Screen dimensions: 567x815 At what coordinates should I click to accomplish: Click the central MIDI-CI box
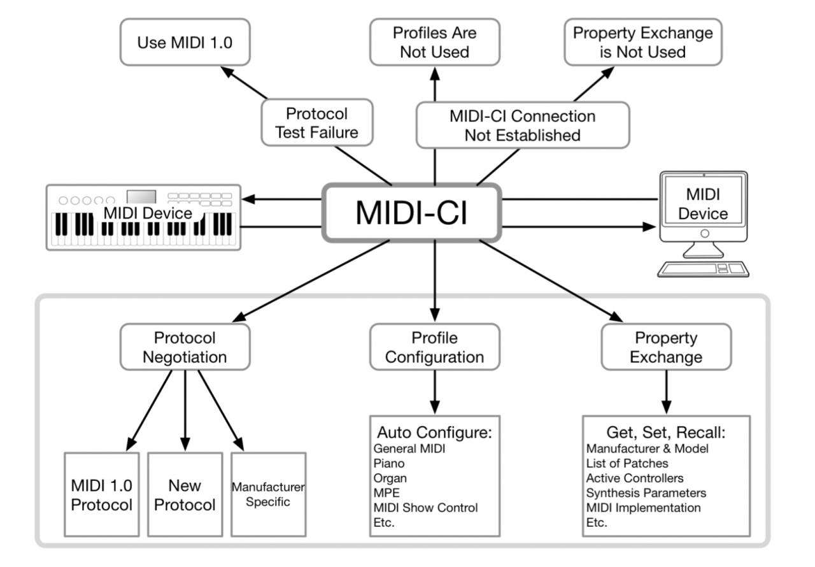411,213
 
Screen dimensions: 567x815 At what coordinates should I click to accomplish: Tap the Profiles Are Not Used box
435,42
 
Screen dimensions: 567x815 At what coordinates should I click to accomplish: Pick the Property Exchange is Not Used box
643,42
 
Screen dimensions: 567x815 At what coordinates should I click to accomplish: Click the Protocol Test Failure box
316,123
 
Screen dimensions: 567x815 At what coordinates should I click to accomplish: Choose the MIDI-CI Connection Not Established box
522,126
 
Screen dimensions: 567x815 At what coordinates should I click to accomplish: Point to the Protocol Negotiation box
184,347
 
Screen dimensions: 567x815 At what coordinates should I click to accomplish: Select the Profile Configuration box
435,347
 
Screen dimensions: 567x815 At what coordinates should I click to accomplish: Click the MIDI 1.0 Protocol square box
101,494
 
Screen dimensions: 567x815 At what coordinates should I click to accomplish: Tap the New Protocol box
185,494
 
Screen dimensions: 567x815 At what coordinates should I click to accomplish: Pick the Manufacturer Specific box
268,494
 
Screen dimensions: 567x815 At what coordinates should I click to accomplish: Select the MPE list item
385,493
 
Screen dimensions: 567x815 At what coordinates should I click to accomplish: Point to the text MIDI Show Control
425,508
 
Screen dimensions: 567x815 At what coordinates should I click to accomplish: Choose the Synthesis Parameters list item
646,493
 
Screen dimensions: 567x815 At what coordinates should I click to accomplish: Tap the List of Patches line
627,463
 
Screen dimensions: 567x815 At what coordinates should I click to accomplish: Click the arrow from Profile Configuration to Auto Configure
435,392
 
